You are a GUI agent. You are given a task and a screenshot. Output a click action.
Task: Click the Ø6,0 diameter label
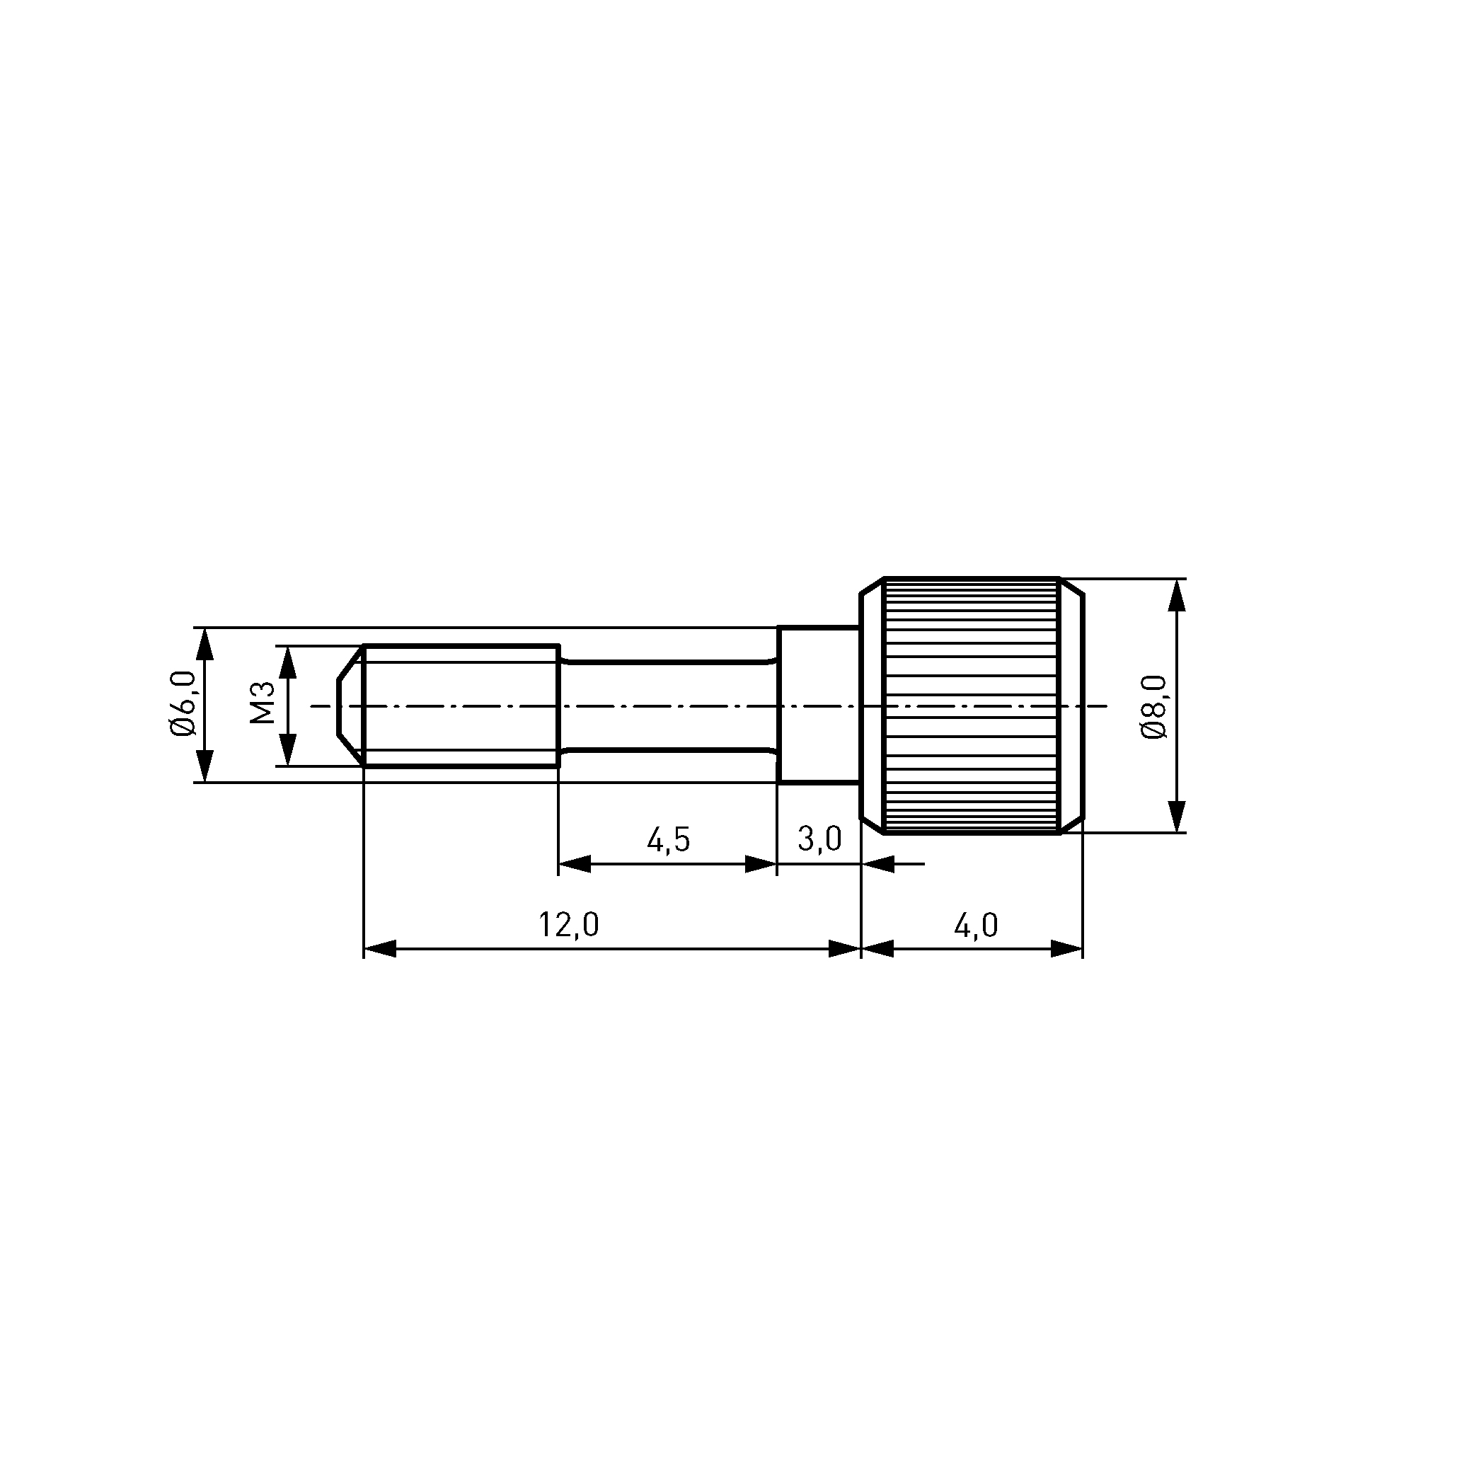183,704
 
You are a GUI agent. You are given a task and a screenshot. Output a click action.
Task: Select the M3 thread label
263,703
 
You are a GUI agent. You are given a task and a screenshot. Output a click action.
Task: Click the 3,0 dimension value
820,839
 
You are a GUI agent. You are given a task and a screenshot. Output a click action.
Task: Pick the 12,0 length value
569,926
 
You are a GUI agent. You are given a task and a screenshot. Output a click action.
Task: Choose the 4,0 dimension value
976,926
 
